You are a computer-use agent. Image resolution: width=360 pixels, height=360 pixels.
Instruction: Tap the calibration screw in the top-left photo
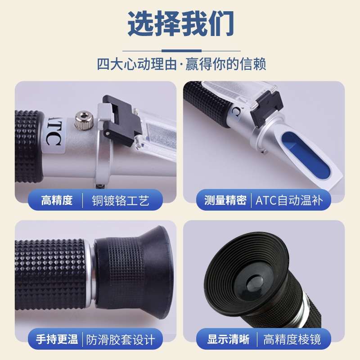(x=84, y=120)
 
